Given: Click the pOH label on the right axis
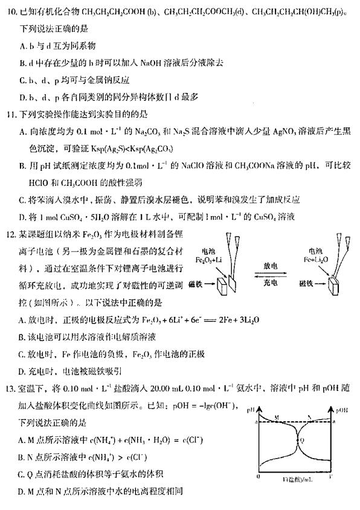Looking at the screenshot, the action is pos(344,411).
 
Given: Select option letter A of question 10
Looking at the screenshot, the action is pos(22,45).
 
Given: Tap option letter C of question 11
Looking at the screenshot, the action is pos(22,200).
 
